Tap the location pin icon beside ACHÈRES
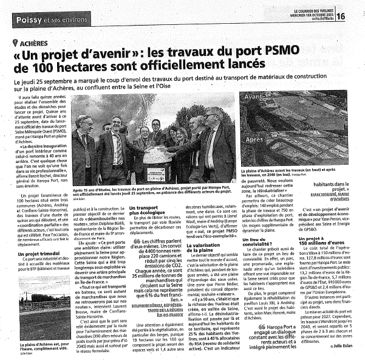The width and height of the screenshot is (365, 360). click(15, 43)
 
